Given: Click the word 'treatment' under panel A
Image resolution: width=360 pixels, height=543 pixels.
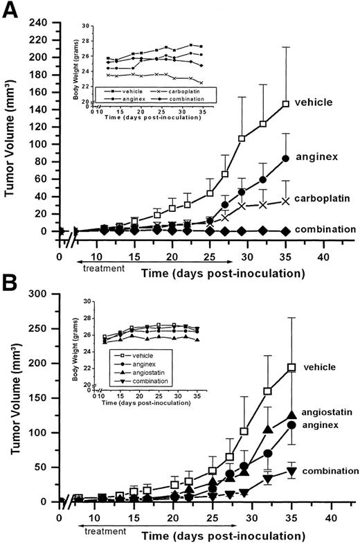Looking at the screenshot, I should tap(104, 266).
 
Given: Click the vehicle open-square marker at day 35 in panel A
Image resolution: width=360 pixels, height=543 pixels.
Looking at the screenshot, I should tap(285, 104).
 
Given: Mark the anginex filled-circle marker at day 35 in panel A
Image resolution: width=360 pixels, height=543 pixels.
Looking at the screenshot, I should tap(285, 159).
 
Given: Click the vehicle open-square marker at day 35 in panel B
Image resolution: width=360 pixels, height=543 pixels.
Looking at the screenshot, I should tap(291, 368).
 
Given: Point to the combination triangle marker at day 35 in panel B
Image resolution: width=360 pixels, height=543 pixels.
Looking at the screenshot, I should tap(291, 472).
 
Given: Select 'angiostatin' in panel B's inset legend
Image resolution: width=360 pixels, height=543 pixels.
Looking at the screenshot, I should tap(141, 372).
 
